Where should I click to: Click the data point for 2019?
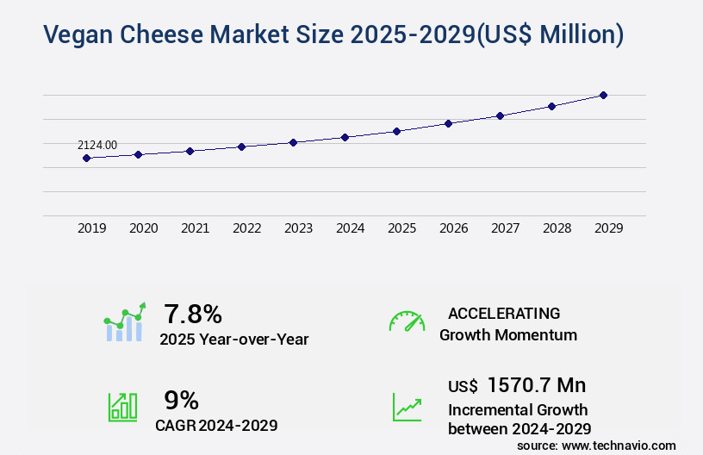coord(86,158)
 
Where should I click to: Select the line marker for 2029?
coord(603,95)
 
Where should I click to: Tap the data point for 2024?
coord(345,137)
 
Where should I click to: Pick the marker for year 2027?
coord(500,115)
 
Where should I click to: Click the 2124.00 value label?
coord(96,146)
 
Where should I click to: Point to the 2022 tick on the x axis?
coord(246,228)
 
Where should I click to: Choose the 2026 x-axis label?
coord(453,228)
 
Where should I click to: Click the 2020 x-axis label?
coord(143,228)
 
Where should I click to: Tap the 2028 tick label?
coord(557,228)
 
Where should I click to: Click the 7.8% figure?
coord(193,314)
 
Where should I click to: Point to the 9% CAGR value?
coord(181,400)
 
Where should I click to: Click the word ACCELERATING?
coord(504,314)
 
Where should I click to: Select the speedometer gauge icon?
coord(407,321)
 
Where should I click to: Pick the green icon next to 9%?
coord(122,407)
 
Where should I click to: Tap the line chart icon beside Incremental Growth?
coord(407,407)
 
